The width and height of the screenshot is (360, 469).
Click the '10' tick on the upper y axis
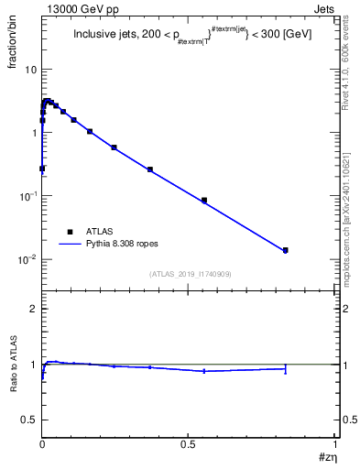coord(29,70)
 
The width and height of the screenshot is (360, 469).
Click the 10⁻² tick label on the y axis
coord(27,260)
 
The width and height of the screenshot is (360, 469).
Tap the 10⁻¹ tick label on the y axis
coord(27,197)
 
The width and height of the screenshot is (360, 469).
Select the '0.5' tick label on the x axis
coord(189,444)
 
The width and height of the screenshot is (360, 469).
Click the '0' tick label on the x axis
coord(42,444)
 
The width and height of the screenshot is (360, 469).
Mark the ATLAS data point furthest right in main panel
coord(286,250)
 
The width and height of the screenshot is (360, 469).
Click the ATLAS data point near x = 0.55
coord(204,200)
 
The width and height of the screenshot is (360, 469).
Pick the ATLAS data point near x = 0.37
coord(150,169)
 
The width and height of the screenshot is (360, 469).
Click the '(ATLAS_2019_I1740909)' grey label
coord(189,274)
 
